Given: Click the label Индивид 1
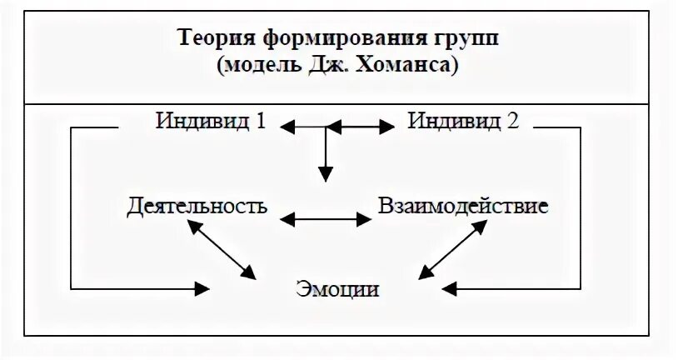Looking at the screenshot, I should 211,121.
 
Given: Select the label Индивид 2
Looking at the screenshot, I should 463,121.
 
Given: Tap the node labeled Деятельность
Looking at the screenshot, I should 198,207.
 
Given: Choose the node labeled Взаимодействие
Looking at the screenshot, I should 463,206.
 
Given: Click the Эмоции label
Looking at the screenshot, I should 337,290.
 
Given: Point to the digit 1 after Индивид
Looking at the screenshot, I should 261,121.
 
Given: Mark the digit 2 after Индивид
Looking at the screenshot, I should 512,121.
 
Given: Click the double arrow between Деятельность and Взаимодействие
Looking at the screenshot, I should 326,219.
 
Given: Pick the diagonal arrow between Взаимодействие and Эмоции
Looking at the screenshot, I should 451,250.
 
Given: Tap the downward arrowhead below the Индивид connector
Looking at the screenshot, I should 326,173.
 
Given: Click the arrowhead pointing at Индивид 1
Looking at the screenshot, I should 287,127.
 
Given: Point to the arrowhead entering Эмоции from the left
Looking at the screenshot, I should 202,288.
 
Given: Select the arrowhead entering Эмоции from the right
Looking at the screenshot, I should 450,288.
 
